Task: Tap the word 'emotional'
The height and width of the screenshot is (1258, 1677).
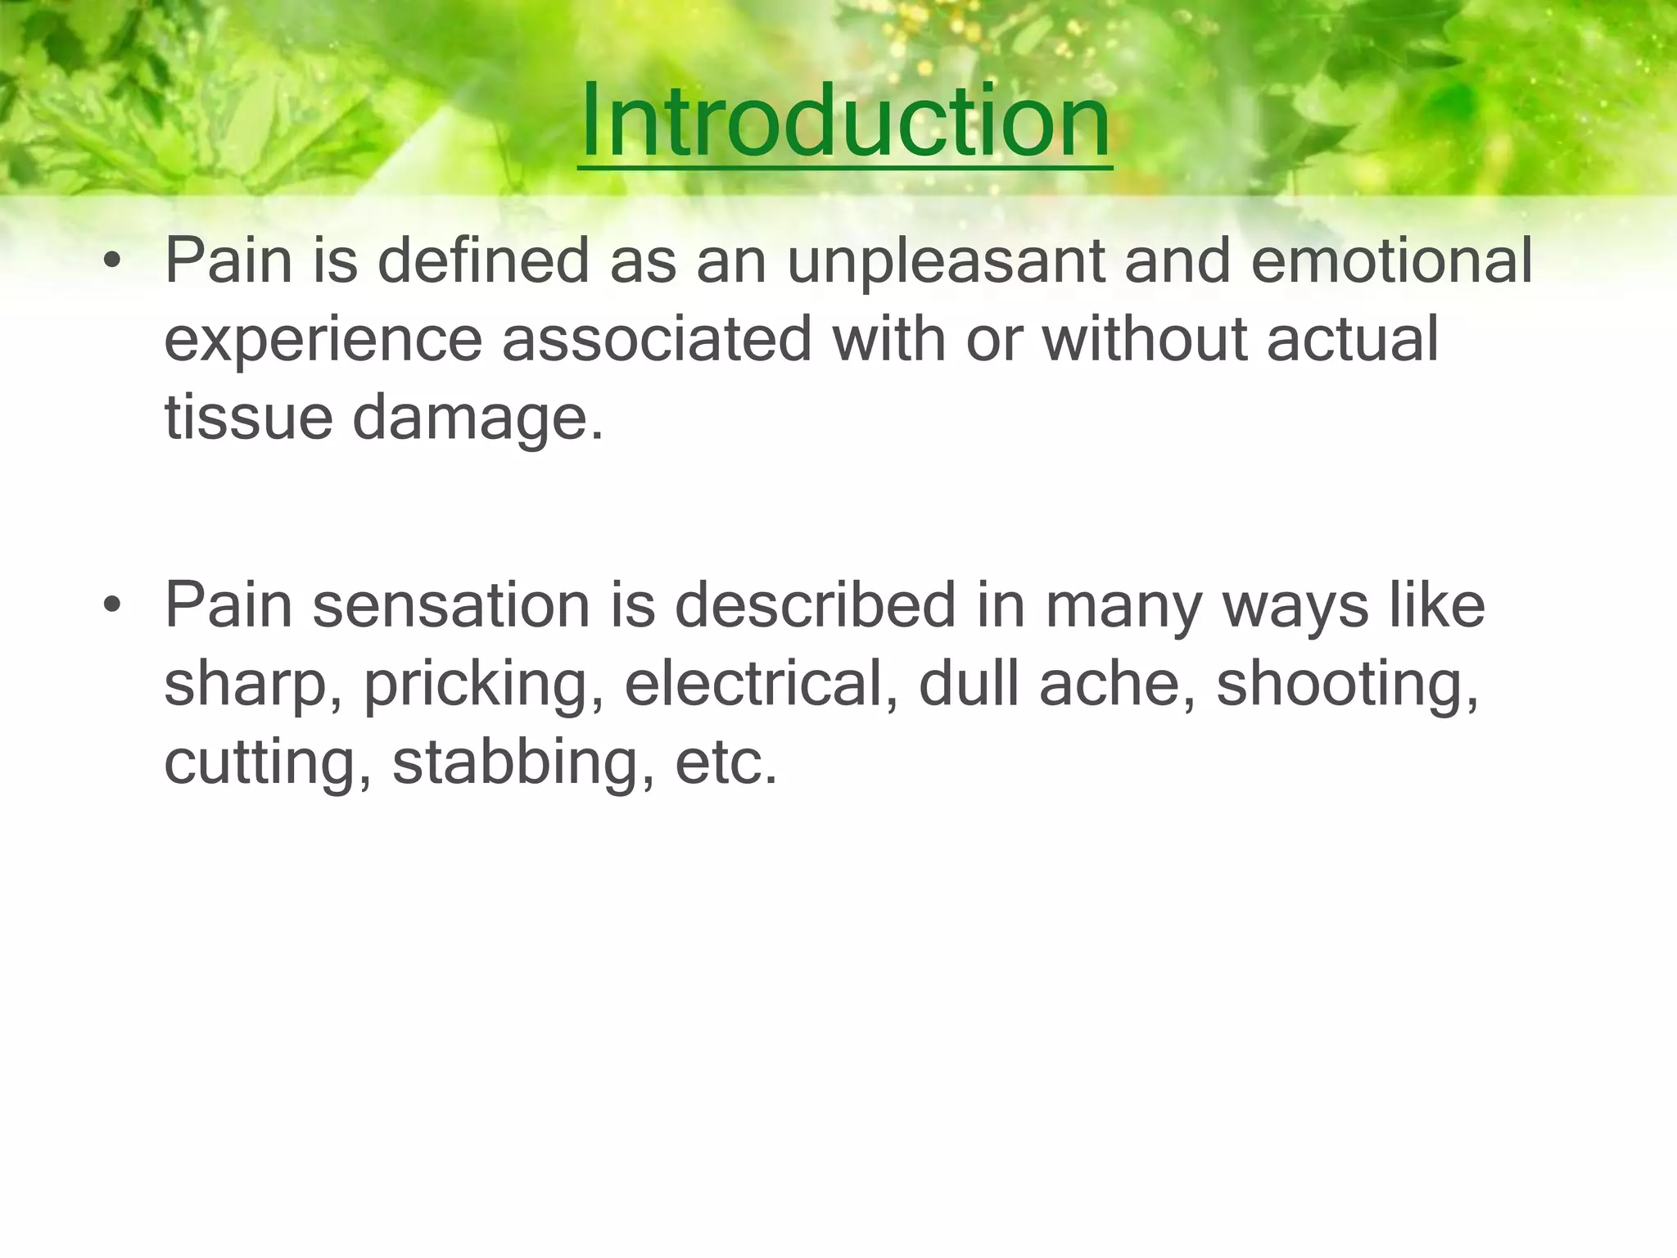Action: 1391,261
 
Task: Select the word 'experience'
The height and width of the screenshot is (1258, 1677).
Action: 323,340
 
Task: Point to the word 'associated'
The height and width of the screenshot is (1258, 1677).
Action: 657,340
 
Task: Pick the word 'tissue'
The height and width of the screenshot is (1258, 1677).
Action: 248,418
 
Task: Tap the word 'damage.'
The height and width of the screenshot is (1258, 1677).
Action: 477,418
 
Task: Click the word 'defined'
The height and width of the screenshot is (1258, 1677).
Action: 484,261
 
